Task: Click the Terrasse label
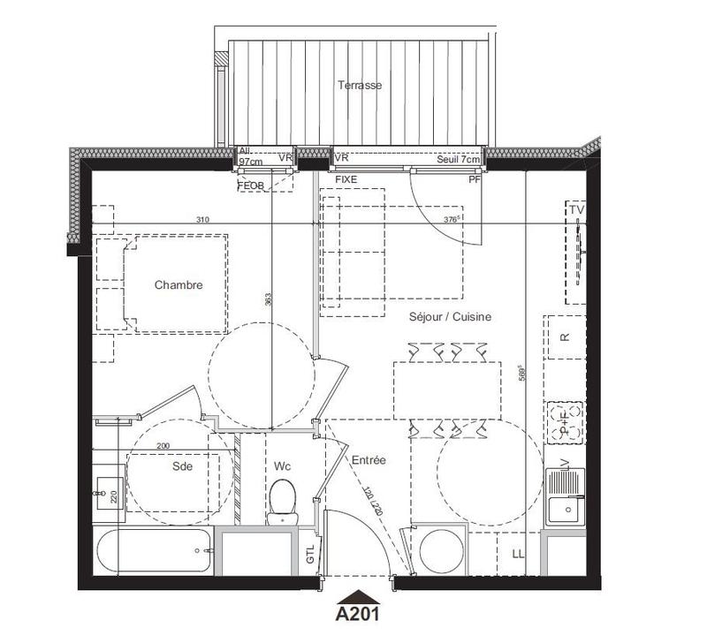[360, 86]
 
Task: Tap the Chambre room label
[179, 285]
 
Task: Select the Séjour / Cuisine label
[450, 316]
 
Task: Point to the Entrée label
[368, 461]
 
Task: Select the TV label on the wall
[577, 210]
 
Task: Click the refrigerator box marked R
[566, 337]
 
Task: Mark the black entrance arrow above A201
[357, 595]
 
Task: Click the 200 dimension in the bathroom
[164, 446]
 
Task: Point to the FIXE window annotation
[346, 179]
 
